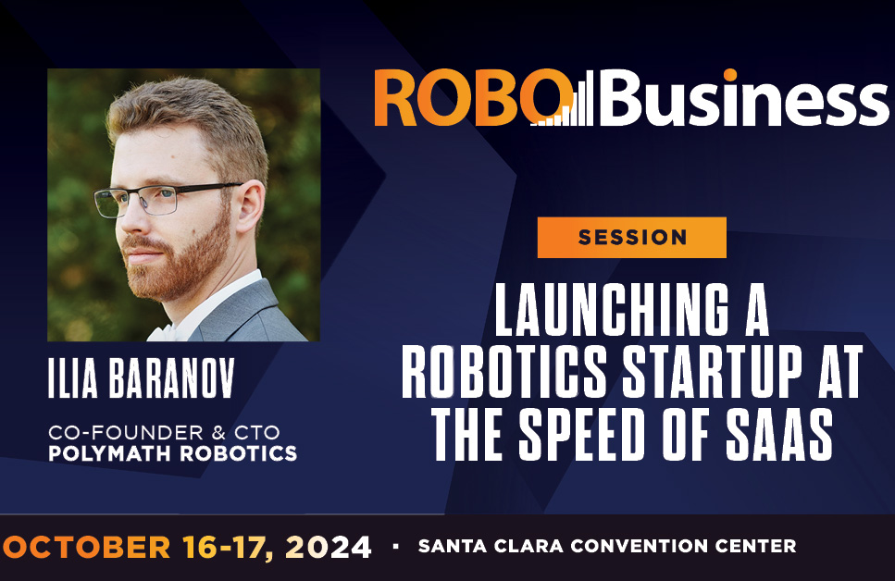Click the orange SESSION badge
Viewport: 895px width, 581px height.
pyautogui.click(x=631, y=237)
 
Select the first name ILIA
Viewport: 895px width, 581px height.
pyautogui.click(x=71, y=377)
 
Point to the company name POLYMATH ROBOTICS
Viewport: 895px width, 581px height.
pyautogui.click(x=173, y=452)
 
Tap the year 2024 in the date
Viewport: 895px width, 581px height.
pyautogui.click(x=328, y=547)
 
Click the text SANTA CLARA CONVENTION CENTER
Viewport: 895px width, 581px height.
pyautogui.click(x=606, y=547)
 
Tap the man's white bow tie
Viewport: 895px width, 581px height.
pyautogui.click(x=165, y=331)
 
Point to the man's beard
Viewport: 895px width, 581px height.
pyautogui.click(x=185, y=264)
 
